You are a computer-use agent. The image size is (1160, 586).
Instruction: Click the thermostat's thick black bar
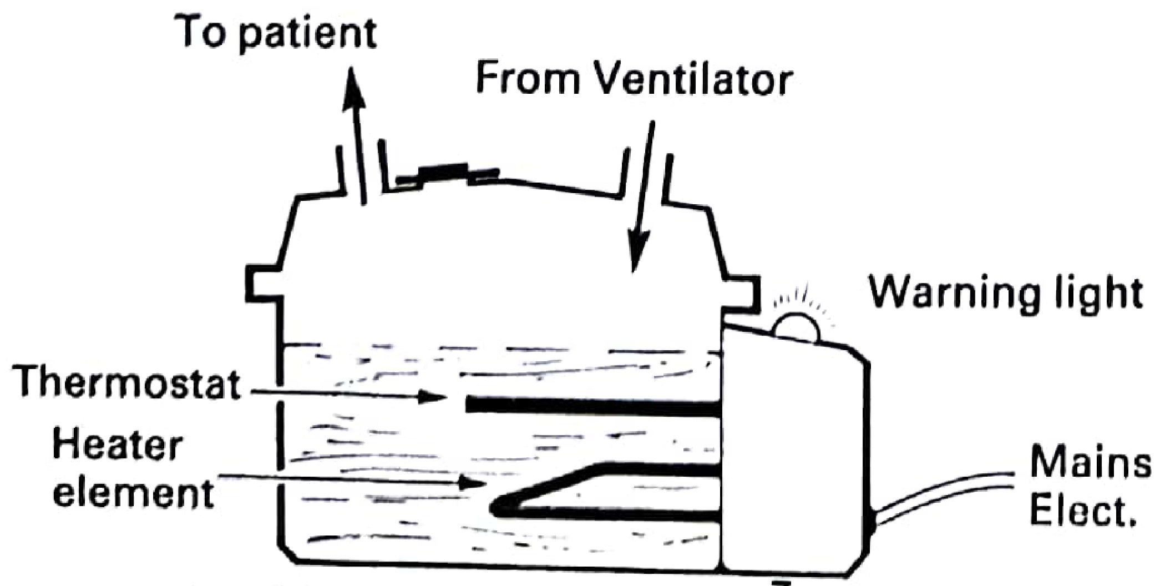(594, 407)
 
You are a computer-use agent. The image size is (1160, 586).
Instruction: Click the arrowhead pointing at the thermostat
(434, 397)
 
